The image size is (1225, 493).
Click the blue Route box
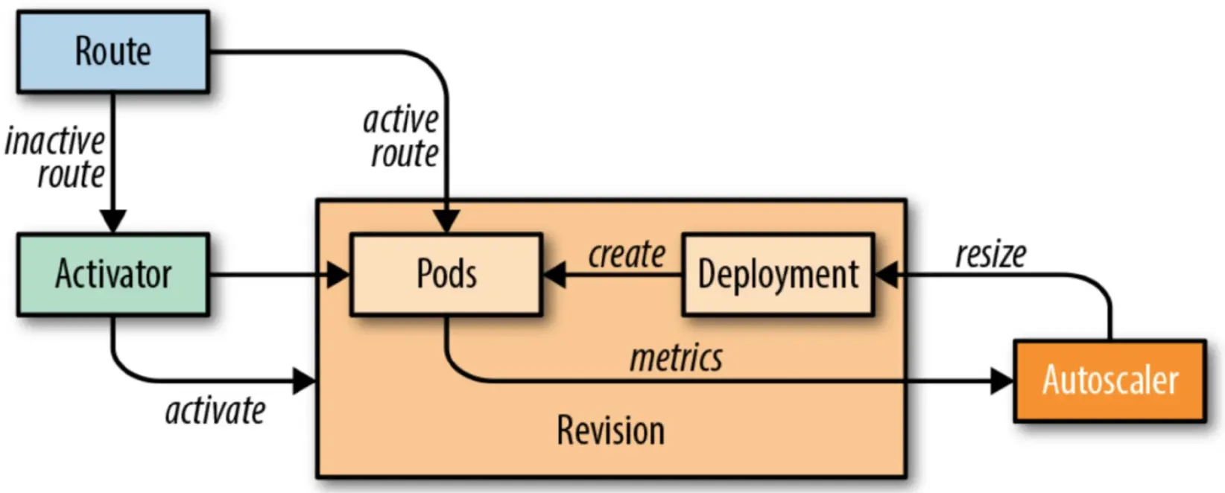pyautogui.click(x=113, y=51)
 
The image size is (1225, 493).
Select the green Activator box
pyautogui.click(x=113, y=274)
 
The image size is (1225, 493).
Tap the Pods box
pyautogui.click(x=446, y=274)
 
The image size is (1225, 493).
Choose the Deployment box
pyautogui.click(x=778, y=274)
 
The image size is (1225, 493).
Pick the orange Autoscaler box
pyautogui.click(x=1110, y=381)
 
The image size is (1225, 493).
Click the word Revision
pyautogui.click(x=611, y=430)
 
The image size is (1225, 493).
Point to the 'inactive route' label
pyautogui.click(x=54, y=157)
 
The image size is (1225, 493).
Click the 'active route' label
pyautogui.click(x=402, y=136)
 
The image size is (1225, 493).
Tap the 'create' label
pyautogui.click(x=627, y=254)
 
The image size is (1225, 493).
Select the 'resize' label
pyautogui.click(x=990, y=254)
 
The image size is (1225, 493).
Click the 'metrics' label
pyautogui.click(x=677, y=357)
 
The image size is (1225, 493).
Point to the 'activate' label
pyautogui.click(x=215, y=410)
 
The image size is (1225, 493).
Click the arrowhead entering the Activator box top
pyautogui.click(x=113, y=221)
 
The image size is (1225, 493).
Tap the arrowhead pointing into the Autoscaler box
pyautogui.click(x=1002, y=381)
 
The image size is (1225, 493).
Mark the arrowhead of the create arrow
pyautogui.click(x=554, y=274)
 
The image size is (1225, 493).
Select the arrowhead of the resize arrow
pyautogui.click(x=887, y=274)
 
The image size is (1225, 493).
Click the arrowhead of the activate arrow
pyautogui.click(x=305, y=381)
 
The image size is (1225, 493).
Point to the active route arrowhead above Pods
pyautogui.click(x=446, y=221)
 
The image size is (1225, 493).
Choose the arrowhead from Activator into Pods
pyautogui.click(x=338, y=274)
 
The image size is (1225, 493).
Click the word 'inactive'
pyautogui.click(x=54, y=141)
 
